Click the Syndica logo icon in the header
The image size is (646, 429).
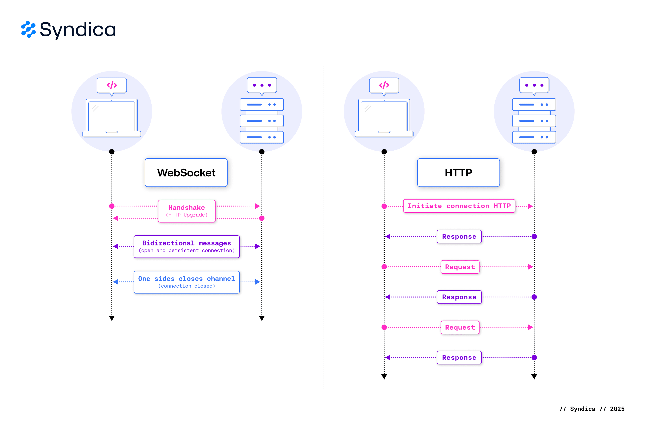28,29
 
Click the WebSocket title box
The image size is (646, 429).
186,173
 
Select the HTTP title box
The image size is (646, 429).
458,173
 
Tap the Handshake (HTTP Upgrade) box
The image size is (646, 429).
186,211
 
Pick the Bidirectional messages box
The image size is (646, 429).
186,246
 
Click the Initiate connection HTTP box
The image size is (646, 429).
459,206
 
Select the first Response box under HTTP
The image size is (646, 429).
459,236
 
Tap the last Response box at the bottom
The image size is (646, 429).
459,357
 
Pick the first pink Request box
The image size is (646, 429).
460,267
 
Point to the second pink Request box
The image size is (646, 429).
460,327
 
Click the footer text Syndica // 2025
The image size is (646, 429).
592,409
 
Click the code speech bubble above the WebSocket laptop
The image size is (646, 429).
112,85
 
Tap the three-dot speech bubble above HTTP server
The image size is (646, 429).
534,85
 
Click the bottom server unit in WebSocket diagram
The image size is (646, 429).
262,137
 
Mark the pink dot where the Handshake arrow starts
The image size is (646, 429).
112,206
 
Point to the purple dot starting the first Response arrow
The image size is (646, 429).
534,236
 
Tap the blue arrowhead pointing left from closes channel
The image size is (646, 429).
116,282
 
